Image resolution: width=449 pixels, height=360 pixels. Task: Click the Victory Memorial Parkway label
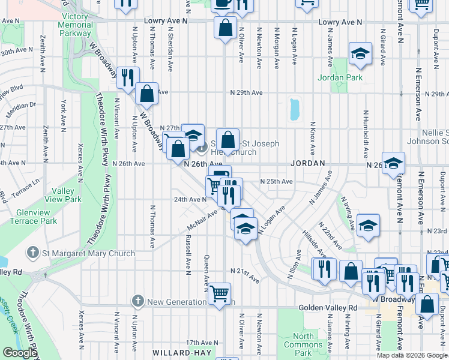pyautogui.click(x=74, y=25)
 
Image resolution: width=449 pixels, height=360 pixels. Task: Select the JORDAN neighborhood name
pyautogui.click(x=308, y=163)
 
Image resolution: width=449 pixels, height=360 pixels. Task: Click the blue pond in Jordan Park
pyautogui.click(x=294, y=109)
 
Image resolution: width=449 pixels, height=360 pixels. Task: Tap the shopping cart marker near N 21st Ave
pyautogui.click(x=220, y=293)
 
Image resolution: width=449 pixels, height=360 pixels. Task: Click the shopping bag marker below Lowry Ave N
pyautogui.click(x=225, y=28)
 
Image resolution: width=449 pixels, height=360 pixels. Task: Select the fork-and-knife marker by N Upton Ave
pyautogui.click(x=128, y=77)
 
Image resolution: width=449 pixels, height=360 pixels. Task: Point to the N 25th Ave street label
pyautogui.click(x=276, y=181)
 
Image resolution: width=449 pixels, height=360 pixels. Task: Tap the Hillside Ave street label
pyautogui.click(x=314, y=243)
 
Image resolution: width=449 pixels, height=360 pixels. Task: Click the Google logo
pyautogui.click(x=19, y=353)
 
